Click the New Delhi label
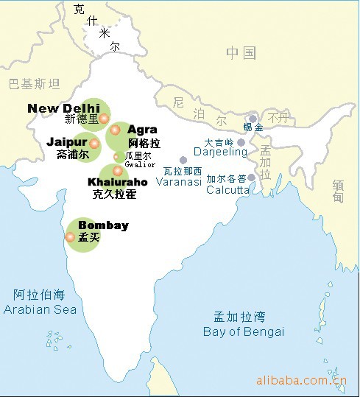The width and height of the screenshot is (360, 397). pos(63,108)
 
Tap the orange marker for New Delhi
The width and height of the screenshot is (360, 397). pos(105,118)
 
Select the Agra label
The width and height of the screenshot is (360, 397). pos(142,130)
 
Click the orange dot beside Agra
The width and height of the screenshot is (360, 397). pos(115,130)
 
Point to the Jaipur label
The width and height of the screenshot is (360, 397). pos(67,141)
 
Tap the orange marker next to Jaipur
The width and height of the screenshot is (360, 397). pos(94,143)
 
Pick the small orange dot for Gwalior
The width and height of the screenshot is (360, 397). pos(116,156)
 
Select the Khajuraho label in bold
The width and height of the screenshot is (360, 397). pos(117,182)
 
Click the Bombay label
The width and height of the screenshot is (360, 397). pos(103,225)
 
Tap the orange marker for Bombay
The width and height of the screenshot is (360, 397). pos(70,237)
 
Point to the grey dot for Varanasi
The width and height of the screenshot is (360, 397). pos(183,160)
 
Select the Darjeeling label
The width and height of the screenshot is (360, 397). pos(220,152)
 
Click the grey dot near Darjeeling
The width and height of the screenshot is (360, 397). pos(241,142)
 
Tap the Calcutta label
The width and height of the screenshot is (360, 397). pos(227,189)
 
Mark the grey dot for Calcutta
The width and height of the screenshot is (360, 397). pos(252,178)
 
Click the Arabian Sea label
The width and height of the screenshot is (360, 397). pos(40,309)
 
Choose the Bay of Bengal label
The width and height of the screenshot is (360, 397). pos(243,331)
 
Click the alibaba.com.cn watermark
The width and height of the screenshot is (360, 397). pos(300,380)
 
